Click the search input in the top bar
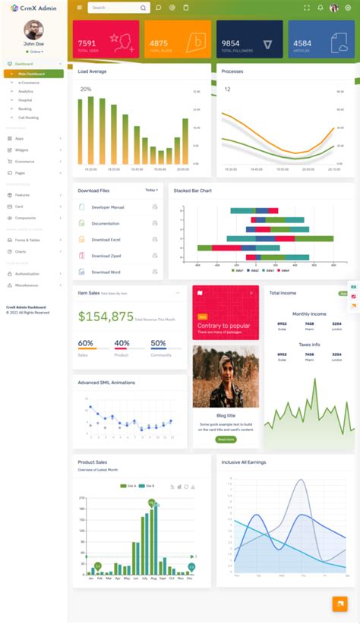(x=114, y=8)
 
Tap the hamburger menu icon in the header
(x=79, y=8)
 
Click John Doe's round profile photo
(x=33, y=30)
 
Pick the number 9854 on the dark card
(x=231, y=43)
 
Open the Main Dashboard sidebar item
(x=33, y=74)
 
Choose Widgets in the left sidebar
(x=22, y=150)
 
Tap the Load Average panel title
(x=92, y=71)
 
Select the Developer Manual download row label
(x=108, y=207)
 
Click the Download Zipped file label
(x=106, y=256)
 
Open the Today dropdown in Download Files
(x=152, y=190)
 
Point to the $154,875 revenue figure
(x=106, y=317)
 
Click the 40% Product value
(x=122, y=343)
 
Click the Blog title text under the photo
(x=226, y=415)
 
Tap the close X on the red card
(x=251, y=293)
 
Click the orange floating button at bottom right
(x=339, y=604)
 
